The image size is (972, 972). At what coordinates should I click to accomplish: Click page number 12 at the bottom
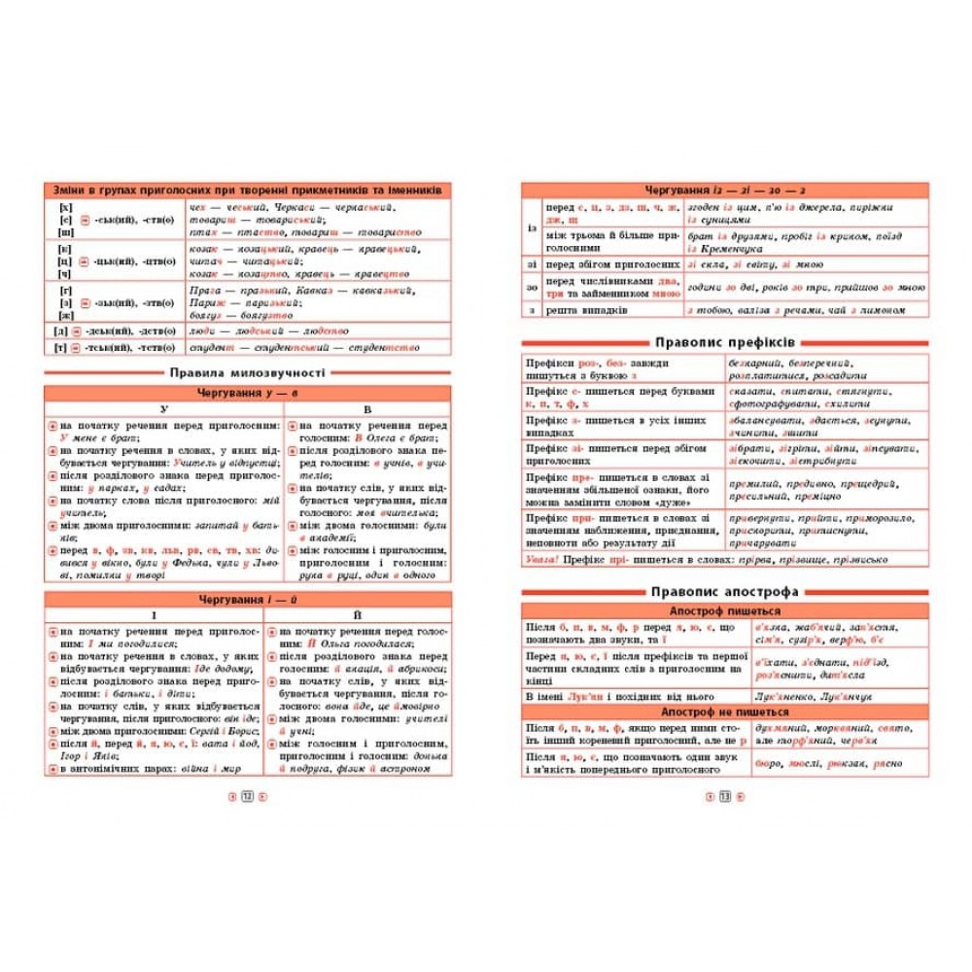(x=247, y=797)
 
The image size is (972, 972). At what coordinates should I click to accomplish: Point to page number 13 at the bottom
(x=724, y=797)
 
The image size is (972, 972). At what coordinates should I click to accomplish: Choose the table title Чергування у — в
(x=248, y=393)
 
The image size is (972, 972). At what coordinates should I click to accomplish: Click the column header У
(x=164, y=409)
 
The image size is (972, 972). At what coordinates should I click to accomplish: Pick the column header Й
(x=367, y=615)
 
